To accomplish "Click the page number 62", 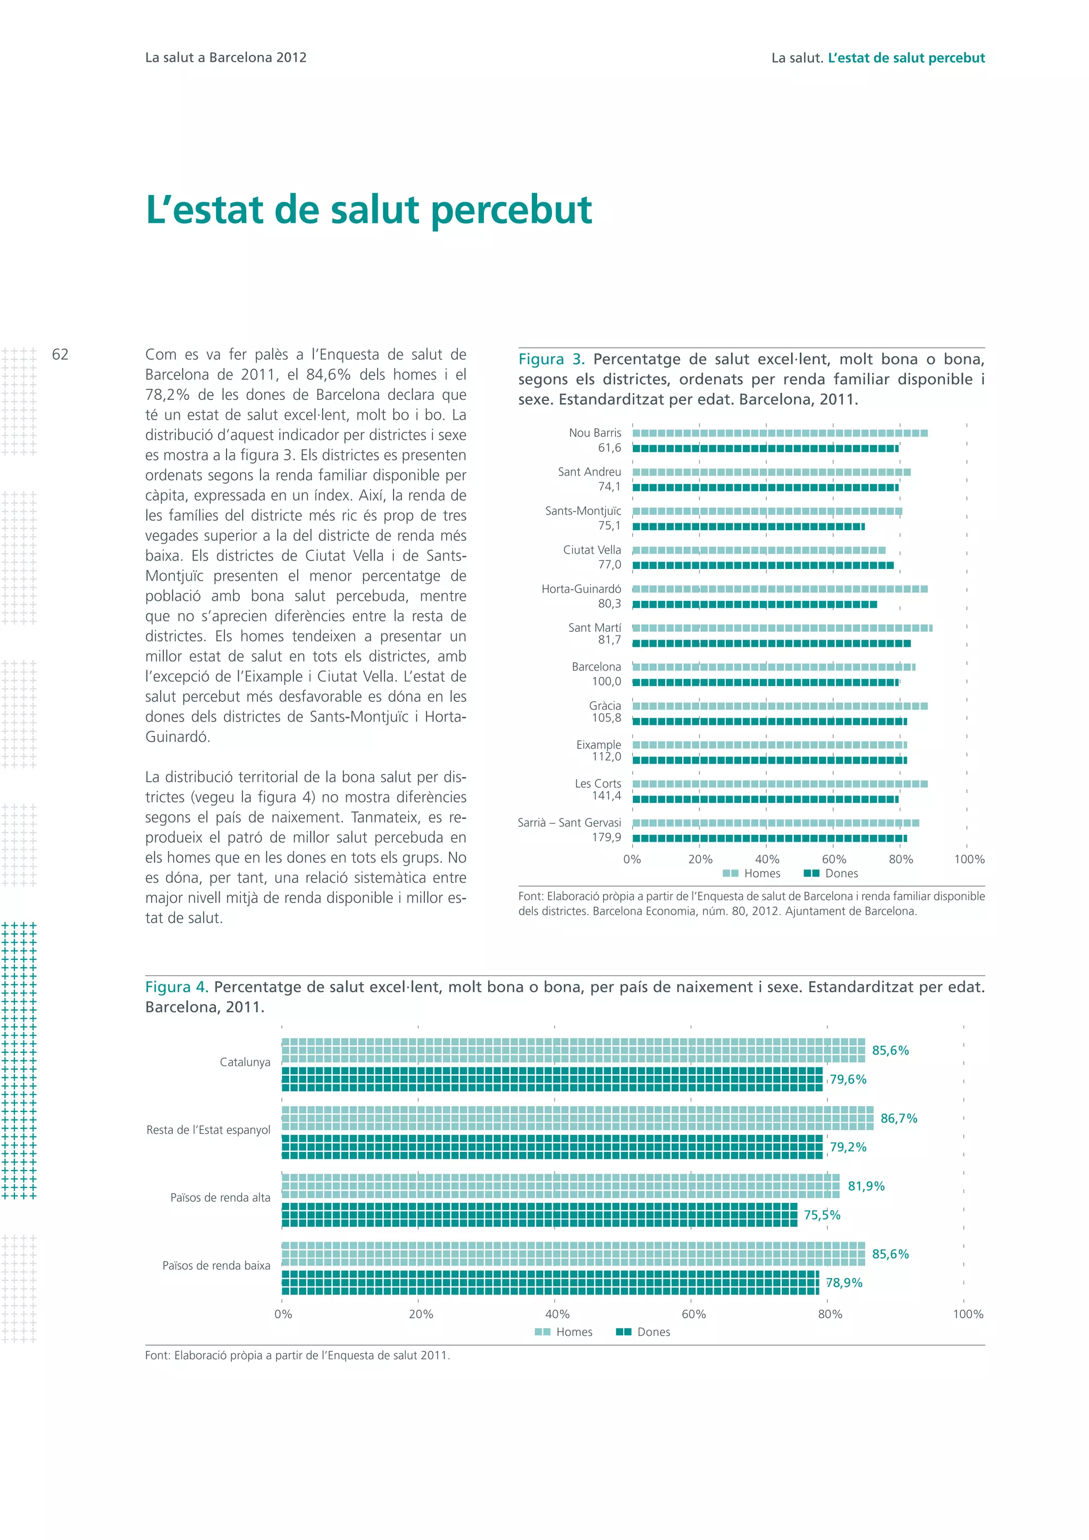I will pyautogui.click(x=60, y=354).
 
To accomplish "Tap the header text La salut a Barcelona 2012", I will pyautogui.click(x=225, y=57).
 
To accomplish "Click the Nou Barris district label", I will pyautogui.click(x=595, y=433).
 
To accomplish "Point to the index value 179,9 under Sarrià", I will pyautogui.click(x=606, y=837).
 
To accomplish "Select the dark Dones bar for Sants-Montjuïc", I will pyautogui.click(x=748, y=526).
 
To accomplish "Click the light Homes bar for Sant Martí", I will pyautogui.click(x=781, y=628).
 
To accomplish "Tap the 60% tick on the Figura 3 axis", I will pyautogui.click(x=834, y=859).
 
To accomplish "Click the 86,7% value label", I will pyautogui.click(x=899, y=1118).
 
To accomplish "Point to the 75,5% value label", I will pyautogui.click(x=822, y=1215).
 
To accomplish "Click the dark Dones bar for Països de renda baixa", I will pyautogui.click(x=550, y=1283).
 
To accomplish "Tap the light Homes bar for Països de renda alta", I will pyautogui.click(x=560, y=1186).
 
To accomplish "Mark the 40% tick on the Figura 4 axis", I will pyautogui.click(x=557, y=1314).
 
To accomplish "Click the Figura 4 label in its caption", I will pyautogui.click(x=177, y=987).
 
